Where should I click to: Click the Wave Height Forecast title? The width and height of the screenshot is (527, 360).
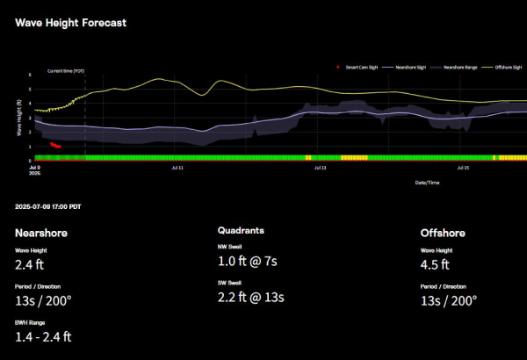pyautogui.click(x=70, y=22)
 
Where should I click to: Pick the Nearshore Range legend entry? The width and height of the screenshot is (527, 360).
pyautogui.click(x=459, y=67)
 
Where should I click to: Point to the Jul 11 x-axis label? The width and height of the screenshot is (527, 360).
pyautogui.click(x=177, y=165)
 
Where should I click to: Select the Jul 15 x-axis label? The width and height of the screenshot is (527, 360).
pyautogui.click(x=463, y=165)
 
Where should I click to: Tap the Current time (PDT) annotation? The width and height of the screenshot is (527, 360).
pyautogui.click(x=66, y=70)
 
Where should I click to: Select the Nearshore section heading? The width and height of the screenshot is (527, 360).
pyautogui.click(x=41, y=233)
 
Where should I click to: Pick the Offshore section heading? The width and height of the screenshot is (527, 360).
pyautogui.click(x=444, y=233)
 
